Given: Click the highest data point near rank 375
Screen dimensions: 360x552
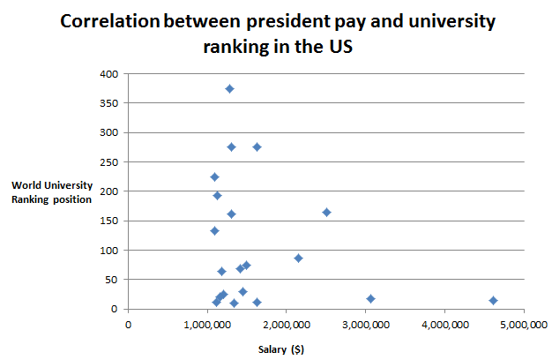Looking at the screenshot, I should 229,88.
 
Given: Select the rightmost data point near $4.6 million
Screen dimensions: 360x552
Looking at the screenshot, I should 493,300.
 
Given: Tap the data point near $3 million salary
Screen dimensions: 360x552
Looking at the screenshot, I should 370,298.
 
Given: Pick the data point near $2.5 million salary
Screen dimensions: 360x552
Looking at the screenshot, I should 326,212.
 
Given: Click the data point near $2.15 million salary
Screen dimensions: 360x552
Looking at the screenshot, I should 298,258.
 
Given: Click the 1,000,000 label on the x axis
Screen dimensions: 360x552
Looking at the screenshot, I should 207,324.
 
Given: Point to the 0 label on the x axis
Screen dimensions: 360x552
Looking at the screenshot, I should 128,324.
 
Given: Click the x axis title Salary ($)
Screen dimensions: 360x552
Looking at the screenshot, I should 280,349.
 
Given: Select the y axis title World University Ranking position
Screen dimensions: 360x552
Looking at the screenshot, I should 51,191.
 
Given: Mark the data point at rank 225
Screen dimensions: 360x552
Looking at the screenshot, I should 214,176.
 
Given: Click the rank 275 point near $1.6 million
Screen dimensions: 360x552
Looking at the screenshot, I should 257,146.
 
